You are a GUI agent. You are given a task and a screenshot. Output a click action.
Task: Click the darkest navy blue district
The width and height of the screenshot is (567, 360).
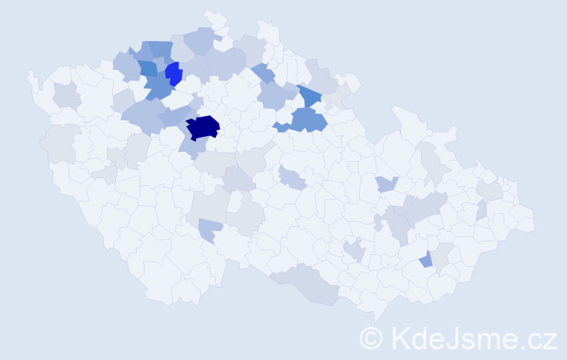click(x=202, y=127)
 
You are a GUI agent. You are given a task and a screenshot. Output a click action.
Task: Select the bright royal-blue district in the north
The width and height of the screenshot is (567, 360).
click(x=173, y=73)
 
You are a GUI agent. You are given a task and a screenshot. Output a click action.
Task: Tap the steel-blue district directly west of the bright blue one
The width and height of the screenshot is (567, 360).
click(x=148, y=68)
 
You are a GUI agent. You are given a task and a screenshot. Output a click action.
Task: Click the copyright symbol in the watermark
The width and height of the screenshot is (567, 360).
click(x=371, y=338)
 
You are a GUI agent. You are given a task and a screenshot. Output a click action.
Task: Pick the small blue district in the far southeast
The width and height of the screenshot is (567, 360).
click(x=427, y=259)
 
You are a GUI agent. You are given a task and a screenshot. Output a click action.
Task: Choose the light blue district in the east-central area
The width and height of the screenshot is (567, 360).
click(x=386, y=184)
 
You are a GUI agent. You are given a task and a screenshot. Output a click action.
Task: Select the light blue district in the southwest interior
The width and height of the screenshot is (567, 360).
click(x=210, y=230)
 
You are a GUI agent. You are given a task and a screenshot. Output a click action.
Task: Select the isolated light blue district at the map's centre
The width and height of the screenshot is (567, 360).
click(x=292, y=177)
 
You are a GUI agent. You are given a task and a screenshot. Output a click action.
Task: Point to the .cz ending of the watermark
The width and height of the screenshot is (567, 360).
click(x=540, y=338)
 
